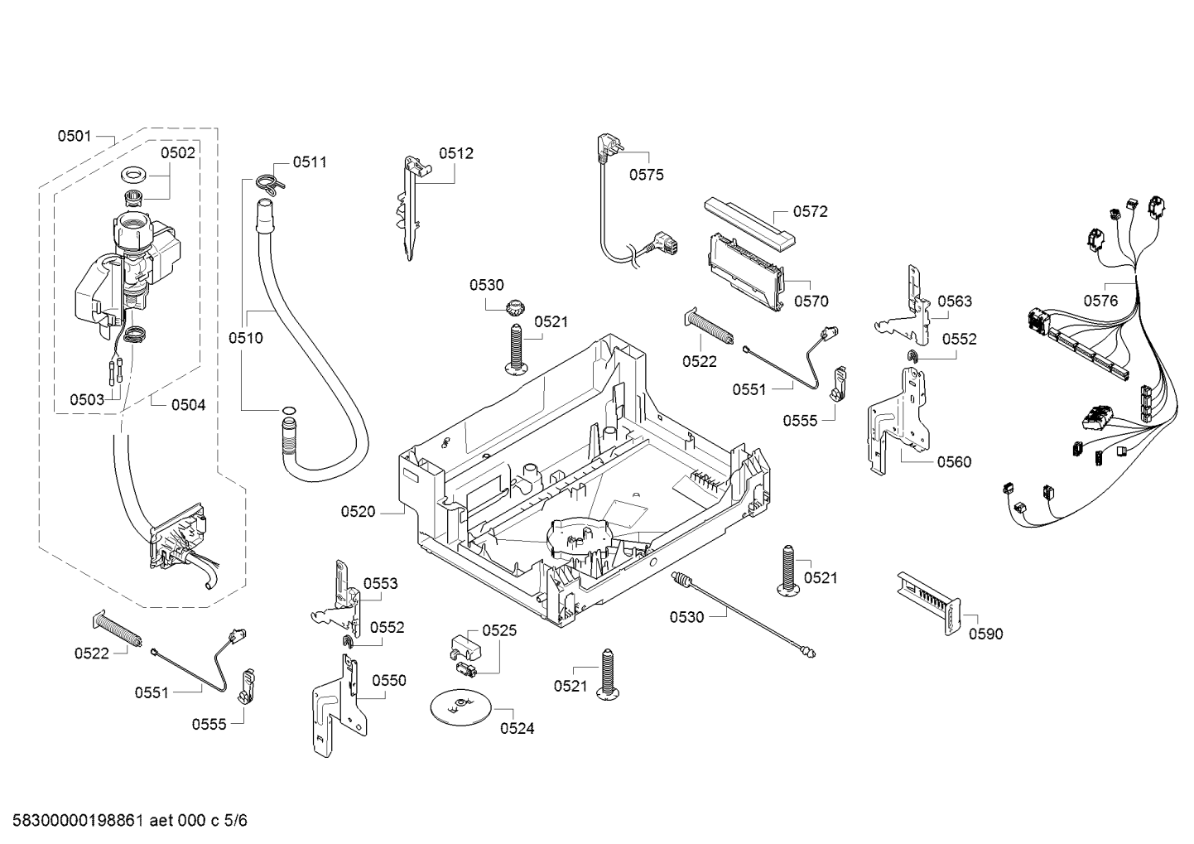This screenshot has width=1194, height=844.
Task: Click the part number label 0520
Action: (x=358, y=512)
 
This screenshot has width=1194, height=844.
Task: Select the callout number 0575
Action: (x=646, y=175)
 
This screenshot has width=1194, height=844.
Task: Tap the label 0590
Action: (x=985, y=634)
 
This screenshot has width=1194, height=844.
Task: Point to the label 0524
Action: (x=517, y=728)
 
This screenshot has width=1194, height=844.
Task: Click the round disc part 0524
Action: (x=460, y=707)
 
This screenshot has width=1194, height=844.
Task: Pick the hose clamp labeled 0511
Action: (x=269, y=184)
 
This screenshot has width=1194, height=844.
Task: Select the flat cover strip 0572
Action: (x=749, y=224)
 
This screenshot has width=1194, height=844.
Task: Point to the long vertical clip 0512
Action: (x=412, y=208)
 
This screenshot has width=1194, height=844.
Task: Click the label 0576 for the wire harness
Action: (x=1100, y=301)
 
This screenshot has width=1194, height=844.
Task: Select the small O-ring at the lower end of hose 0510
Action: (x=288, y=410)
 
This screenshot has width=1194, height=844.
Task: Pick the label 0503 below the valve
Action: (x=87, y=400)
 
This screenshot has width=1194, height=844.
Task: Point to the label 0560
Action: (x=954, y=461)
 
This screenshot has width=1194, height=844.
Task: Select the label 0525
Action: (x=499, y=631)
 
